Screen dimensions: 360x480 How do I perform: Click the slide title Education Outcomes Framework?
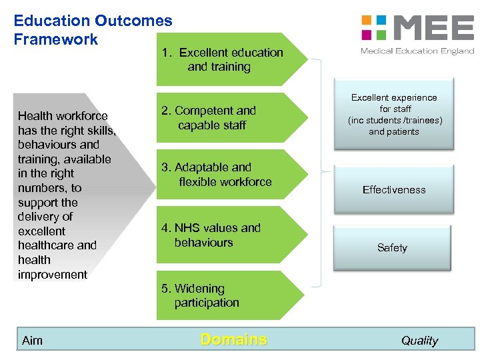click(93, 30)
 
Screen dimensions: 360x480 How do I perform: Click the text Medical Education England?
click(417, 51)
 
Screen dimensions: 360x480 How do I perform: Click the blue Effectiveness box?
click(394, 190)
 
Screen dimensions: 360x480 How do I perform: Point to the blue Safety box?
click(392, 247)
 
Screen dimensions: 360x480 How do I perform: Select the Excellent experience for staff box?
click(394, 114)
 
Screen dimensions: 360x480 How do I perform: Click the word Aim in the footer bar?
click(32, 341)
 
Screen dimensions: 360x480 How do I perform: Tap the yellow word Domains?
click(233, 339)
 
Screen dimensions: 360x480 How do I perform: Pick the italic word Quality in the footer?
click(419, 341)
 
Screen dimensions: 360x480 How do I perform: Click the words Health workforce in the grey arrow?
click(63, 116)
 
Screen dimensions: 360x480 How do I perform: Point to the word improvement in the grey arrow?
click(53, 275)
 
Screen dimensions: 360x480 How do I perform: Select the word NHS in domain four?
click(188, 228)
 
